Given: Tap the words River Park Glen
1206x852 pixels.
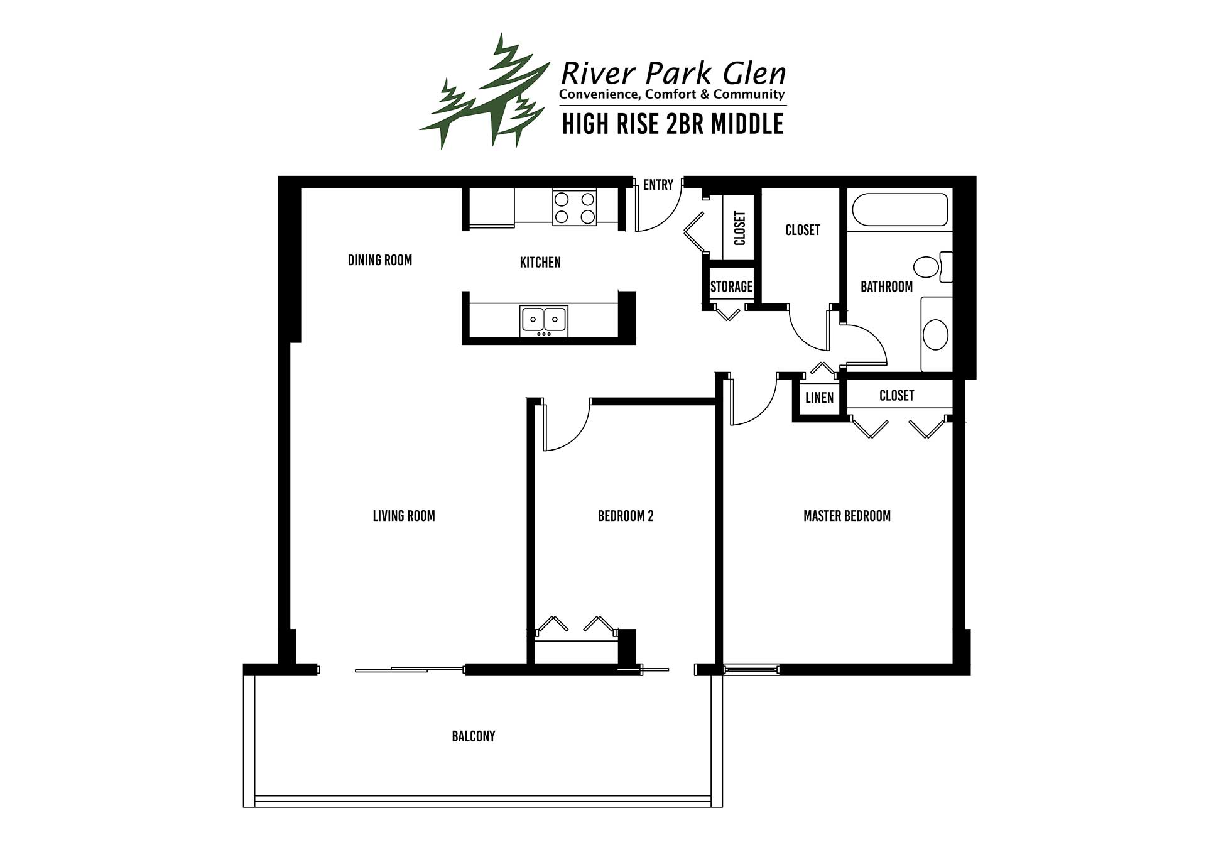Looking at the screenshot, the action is coord(673,74).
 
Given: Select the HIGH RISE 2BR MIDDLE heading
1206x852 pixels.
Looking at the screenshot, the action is coord(673,124).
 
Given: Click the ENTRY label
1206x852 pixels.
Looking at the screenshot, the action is coord(658,185).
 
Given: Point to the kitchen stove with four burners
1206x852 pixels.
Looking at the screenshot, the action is coord(575,207).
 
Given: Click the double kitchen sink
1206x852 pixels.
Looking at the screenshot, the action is coord(543,320).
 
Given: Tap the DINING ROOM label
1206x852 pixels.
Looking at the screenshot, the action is coord(380,260).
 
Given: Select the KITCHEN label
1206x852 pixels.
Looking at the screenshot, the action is coord(540,263).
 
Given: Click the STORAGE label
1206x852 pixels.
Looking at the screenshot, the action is coord(731,287).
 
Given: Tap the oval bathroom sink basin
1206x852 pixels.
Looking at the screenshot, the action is coord(936,334).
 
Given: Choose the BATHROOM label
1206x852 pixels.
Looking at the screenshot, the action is coord(886,287).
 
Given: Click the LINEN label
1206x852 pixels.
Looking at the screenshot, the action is coord(819,398).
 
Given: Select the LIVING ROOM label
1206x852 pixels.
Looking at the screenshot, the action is coord(404,516).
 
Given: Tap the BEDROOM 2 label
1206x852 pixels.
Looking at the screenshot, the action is coord(626,516).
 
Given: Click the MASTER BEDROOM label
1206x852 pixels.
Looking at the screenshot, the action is coord(847,516).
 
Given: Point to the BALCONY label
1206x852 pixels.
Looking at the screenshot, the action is coord(474,736).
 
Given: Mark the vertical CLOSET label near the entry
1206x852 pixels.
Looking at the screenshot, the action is coord(739,228).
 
